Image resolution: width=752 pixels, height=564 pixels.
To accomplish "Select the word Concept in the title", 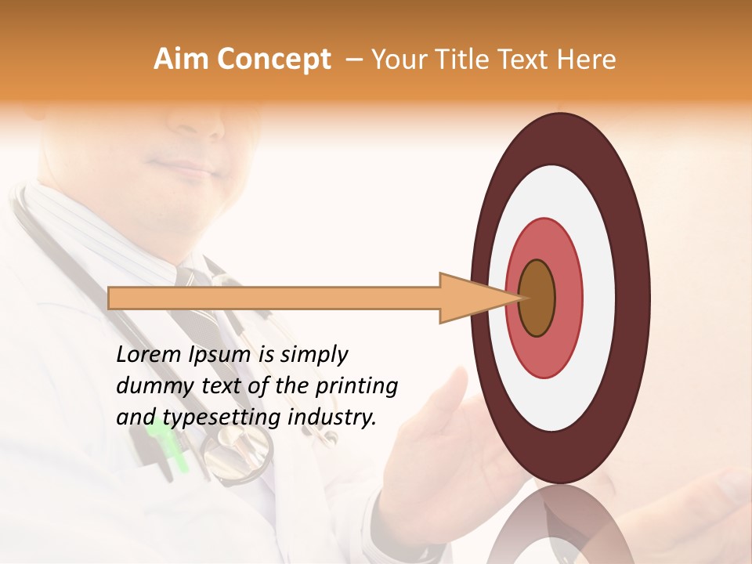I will point(273,60).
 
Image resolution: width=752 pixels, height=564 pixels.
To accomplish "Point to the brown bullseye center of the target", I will point(537,298).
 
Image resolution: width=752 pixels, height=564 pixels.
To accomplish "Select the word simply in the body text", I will point(313,356).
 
